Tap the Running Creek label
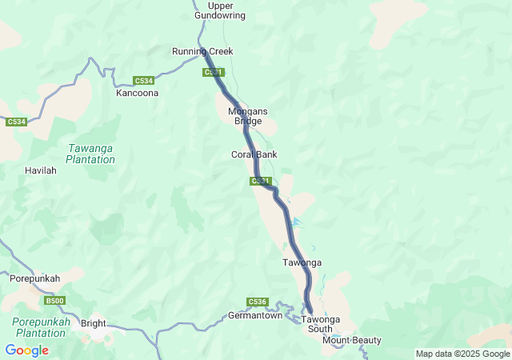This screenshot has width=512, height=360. [x=202, y=51]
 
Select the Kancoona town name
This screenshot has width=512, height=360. [x=138, y=93]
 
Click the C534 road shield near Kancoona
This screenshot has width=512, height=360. [x=144, y=81]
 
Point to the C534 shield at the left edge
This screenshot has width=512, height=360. [x=16, y=122]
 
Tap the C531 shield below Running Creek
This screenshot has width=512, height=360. [x=212, y=73]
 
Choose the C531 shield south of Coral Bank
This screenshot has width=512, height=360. [x=260, y=182]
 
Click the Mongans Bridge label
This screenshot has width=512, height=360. [x=248, y=116]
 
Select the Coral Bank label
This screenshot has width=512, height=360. [x=254, y=154]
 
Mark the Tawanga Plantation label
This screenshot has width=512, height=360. [x=91, y=154]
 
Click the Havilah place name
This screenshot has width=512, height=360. [x=41, y=171]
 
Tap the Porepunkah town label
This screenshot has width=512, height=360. [x=34, y=278]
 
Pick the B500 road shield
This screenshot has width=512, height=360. [x=54, y=301]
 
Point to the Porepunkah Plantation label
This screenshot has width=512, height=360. [x=39, y=327]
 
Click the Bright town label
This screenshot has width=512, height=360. [x=94, y=324]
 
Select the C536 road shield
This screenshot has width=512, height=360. [x=257, y=302]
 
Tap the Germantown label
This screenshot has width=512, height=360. [x=256, y=315]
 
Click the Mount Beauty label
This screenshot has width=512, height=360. [x=352, y=341]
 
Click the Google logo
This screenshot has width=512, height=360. [x=26, y=350]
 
